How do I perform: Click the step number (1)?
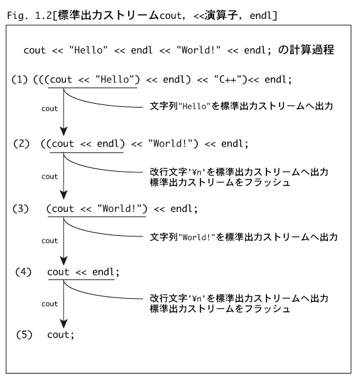pyautogui.click(x=19, y=80)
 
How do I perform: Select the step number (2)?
pyautogui.click(x=21, y=143)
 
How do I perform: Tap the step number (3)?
pyautogui.click(x=21, y=209)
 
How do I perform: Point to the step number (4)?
pyautogui.click(x=23, y=272)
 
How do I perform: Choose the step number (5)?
pyautogui.click(x=24, y=335)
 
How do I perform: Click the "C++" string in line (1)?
pyautogui.click(x=229, y=79)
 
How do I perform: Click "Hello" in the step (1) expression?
pyautogui.click(x=115, y=79)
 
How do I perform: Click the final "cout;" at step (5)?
pyautogui.click(x=60, y=335)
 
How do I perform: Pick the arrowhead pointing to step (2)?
pyautogui.click(x=63, y=131)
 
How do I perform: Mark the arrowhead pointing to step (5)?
pyautogui.click(x=63, y=324)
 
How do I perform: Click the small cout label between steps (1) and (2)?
pyautogui.click(x=50, y=109)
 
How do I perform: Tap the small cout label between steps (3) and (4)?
pyautogui.click(x=50, y=241)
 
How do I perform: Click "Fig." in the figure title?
pyautogui.click(x=16, y=16)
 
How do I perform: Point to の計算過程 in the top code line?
pyautogui.click(x=306, y=50)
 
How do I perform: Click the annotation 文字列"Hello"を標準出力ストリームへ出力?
pyautogui.click(x=241, y=106)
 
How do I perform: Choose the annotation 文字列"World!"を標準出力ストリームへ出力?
pyautogui.click(x=244, y=237)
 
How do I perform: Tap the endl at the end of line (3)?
pyautogui.click(x=181, y=209)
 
